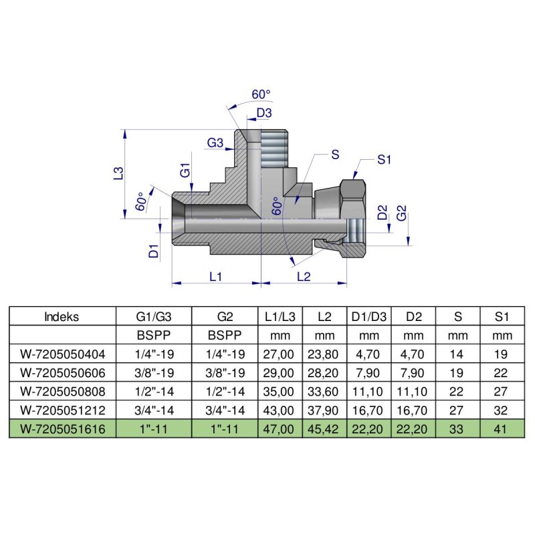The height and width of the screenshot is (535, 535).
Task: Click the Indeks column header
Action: coord(62,317)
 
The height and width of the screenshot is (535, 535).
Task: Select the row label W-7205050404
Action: coord(62,354)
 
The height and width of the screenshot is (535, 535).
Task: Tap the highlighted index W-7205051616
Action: coord(62,427)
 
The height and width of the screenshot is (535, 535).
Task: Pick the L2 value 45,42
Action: coord(323,427)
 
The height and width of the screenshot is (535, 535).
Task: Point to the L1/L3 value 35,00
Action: coord(280,391)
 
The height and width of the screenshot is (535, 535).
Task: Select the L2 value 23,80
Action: coord(323,354)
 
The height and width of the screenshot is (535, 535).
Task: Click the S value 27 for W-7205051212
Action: coord(458,409)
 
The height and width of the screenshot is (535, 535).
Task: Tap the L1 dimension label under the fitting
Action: coord(215,276)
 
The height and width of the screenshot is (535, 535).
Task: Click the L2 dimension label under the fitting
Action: coord(303,276)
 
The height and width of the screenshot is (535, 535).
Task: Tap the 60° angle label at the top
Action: coord(261,94)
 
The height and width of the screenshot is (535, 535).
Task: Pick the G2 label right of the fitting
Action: coord(402,214)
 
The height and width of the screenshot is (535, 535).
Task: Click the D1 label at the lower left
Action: coord(153,251)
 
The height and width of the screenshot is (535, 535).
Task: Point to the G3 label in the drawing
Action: coord(215,142)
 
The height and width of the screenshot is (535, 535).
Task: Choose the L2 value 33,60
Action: coord(323,391)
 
